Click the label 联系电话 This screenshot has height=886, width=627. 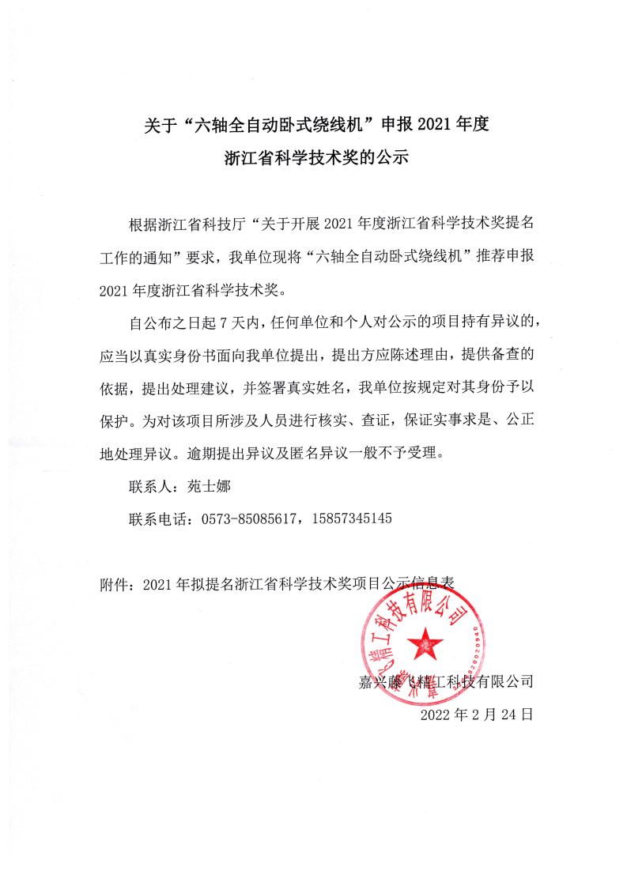(x=158, y=518)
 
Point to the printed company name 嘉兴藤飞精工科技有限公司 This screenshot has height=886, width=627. (x=446, y=681)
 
